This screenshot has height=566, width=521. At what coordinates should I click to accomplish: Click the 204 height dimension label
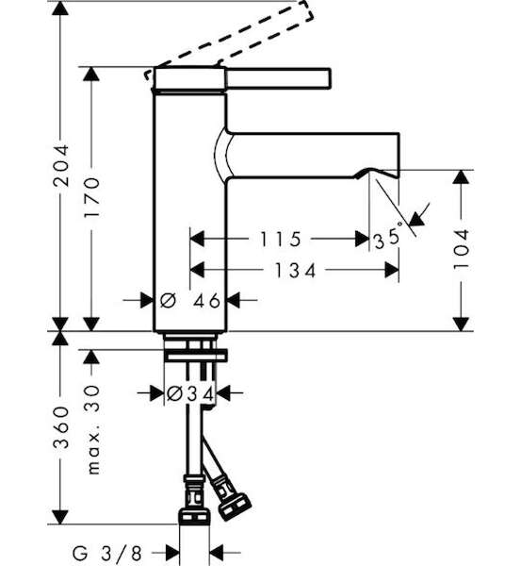click(61, 166)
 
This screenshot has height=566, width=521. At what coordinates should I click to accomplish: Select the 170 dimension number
click(91, 197)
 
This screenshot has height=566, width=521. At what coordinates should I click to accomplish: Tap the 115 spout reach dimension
click(281, 239)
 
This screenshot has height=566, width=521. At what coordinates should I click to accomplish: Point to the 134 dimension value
click(295, 271)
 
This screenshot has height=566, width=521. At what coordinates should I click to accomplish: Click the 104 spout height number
click(461, 249)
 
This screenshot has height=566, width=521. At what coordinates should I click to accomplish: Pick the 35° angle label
click(388, 237)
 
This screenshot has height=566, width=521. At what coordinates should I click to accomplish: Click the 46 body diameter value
click(206, 300)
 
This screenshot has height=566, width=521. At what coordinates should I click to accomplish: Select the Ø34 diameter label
click(190, 393)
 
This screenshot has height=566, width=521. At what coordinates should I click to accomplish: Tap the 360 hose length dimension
click(61, 427)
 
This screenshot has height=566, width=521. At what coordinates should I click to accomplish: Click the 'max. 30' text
click(92, 429)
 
